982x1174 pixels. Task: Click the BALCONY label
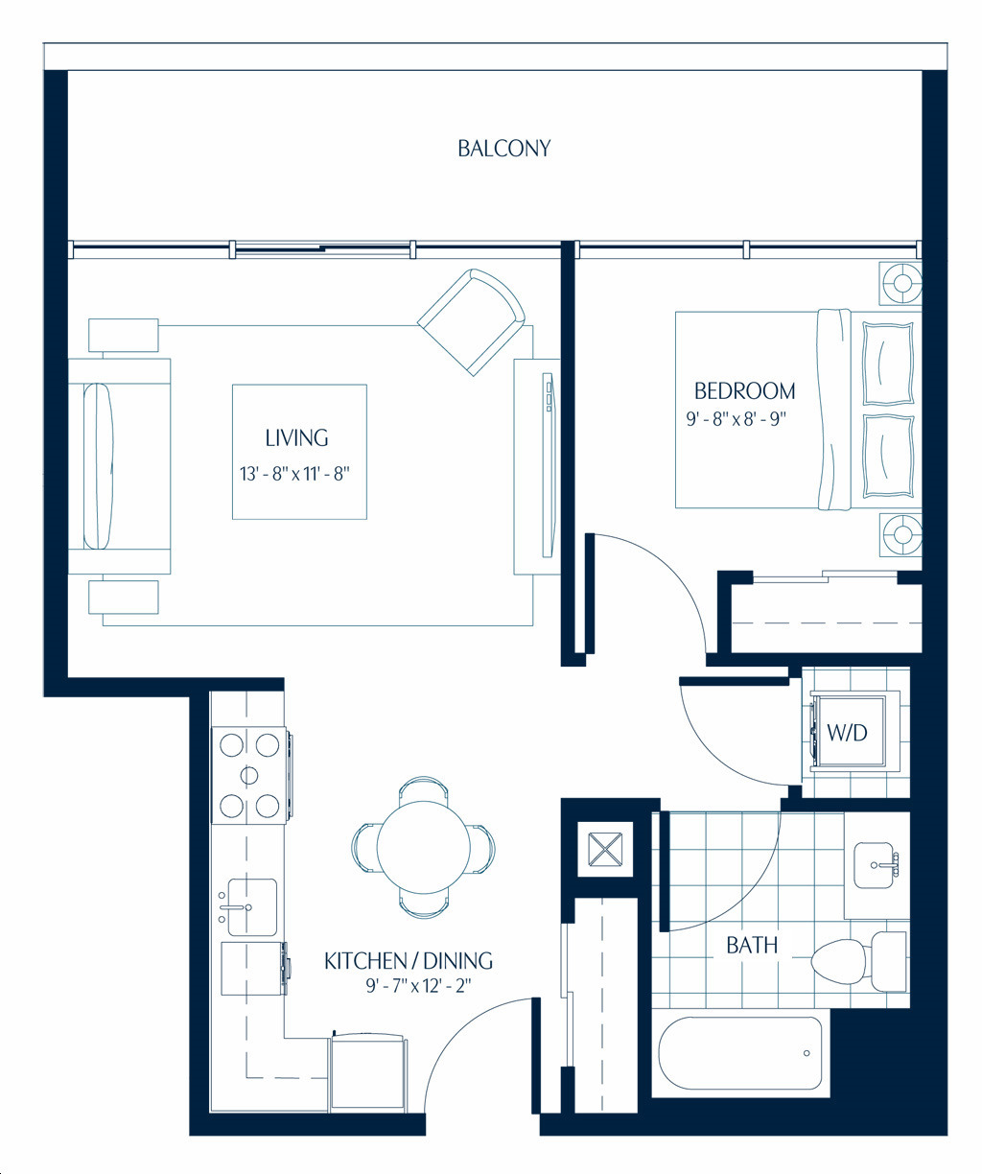503,149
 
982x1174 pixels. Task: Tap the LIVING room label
296,438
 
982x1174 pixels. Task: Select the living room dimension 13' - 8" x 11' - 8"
294,474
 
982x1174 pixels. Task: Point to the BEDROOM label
745,391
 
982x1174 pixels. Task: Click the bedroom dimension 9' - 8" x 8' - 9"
736,419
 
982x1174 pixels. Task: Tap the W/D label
847,732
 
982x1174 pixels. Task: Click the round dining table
424,847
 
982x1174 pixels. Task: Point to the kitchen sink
248,907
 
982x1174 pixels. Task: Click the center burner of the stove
249,776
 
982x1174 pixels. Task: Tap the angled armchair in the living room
472,321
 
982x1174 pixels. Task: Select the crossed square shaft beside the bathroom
605,850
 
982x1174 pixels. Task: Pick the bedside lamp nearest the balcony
901,282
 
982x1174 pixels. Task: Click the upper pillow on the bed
888,364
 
